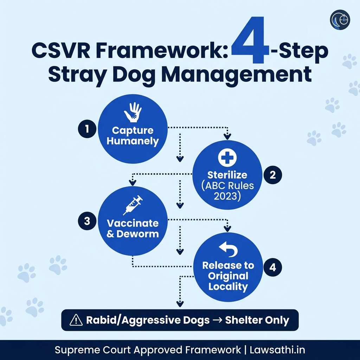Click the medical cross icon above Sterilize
(x=227, y=157)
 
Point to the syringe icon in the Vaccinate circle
(x=133, y=205)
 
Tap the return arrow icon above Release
(x=228, y=249)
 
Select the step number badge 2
(x=273, y=175)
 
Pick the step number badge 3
(x=86, y=221)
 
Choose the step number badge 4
(x=272, y=267)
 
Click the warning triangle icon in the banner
(x=76, y=320)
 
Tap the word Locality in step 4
(x=228, y=286)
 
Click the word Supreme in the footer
(x=73, y=350)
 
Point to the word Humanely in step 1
(x=133, y=141)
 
